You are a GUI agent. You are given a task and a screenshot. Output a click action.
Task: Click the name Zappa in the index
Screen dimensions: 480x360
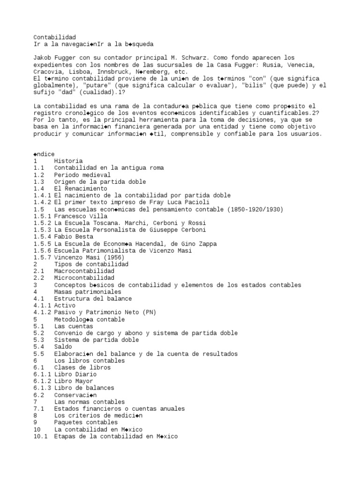coord(208,244)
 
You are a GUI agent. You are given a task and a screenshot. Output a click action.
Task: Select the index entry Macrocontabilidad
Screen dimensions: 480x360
coord(84,271)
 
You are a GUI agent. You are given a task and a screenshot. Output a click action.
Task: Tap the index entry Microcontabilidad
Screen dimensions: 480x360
coord(84,278)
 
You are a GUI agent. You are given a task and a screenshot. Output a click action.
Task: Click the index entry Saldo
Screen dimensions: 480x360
coord(63,347)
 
